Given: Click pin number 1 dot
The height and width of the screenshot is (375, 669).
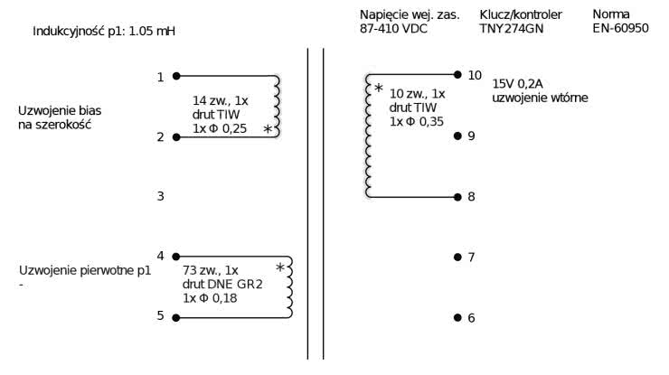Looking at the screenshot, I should click(x=175, y=76).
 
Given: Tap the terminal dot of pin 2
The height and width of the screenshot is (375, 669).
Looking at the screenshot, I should click(x=175, y=136).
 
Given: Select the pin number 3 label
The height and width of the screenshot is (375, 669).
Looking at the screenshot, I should click(x=160, y=196).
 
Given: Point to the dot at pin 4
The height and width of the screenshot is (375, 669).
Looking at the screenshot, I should click(x=175, y=257).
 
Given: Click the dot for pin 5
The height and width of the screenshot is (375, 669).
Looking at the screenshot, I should click(x=175, y=316).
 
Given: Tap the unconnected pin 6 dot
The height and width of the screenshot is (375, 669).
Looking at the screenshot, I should click(x=457, y=317).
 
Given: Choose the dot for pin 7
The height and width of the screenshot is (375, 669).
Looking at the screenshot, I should click(x=457, y=257).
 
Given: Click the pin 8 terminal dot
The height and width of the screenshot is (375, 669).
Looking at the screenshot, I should click(x=457, y=196).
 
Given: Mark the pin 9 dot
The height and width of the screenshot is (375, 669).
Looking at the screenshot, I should click(x=457, y=136).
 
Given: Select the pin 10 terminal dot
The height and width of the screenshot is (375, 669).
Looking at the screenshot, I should click(x=457, y=75).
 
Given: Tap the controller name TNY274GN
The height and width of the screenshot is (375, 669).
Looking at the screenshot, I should click(x=511, y=28).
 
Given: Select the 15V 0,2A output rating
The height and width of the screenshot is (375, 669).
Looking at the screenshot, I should click(x=518, y=84).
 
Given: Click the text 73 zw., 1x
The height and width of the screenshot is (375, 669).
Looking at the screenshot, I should click(x=211, y=270).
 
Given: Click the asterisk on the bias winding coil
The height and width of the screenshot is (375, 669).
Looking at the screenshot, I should click(x=267, y=130).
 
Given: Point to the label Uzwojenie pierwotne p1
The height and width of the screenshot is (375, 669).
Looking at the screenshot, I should click(x=84, y=270).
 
